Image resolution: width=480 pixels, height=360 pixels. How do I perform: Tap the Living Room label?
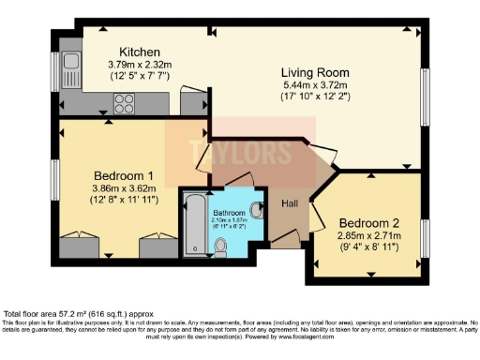pos(316,72)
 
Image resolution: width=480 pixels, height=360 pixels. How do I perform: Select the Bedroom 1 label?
pos(124,175)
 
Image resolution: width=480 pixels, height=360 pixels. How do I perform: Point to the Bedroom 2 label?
pos(368,222)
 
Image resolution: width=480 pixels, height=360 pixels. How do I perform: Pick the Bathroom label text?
pos(230,212)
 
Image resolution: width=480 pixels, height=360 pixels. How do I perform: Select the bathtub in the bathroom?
pos(195,223)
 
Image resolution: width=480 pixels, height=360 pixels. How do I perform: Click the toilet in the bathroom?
pos(220,246)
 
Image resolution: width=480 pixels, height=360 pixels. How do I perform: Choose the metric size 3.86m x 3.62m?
pos(124,187)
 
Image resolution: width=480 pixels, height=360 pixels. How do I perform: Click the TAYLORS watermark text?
pos(230,149)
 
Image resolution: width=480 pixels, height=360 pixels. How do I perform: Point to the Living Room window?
pos(423,94)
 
